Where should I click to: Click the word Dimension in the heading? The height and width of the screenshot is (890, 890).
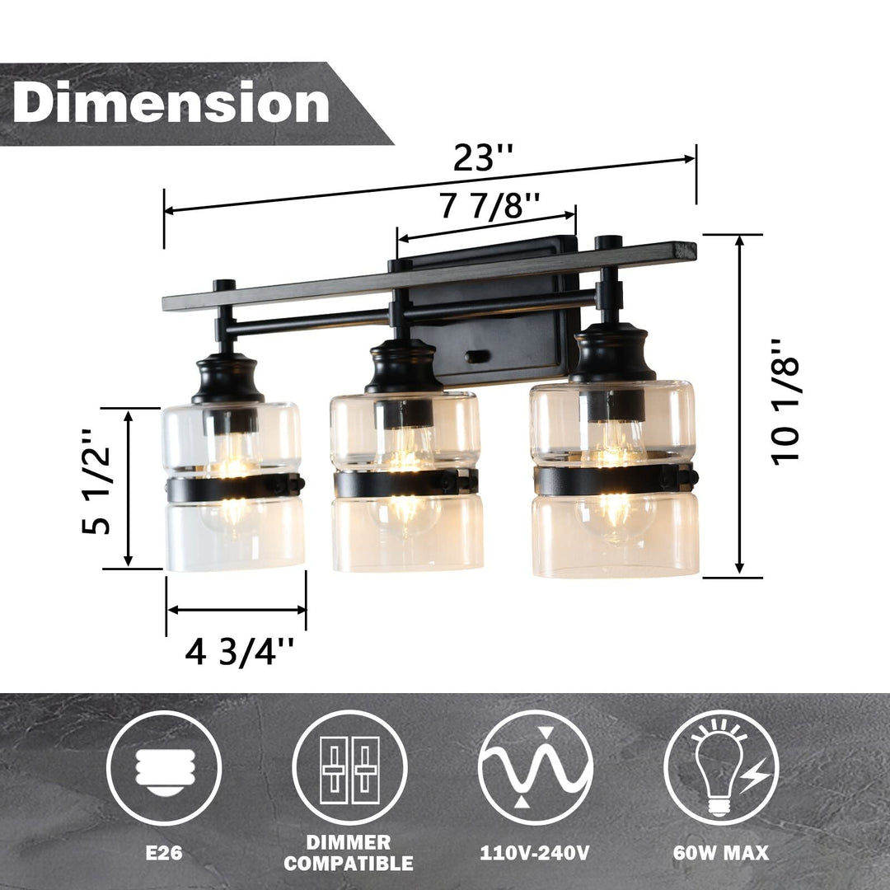171,104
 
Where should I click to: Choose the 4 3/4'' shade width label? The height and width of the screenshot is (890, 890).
239,653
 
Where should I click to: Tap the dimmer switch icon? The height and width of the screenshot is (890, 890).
349,767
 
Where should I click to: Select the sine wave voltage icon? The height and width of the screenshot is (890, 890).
535,767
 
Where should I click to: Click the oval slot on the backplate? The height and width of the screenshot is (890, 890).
476,356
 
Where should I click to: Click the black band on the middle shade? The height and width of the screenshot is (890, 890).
404,483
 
